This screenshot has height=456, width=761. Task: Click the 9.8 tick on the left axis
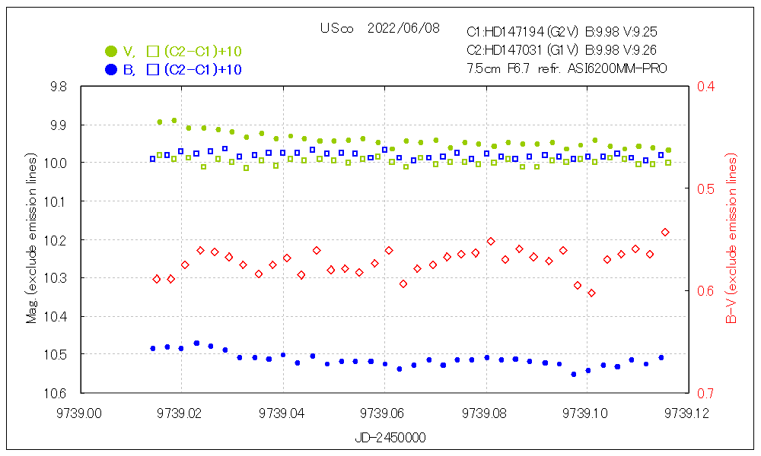(x=58, y=87)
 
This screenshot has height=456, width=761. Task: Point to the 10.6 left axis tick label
(x=58, y=393)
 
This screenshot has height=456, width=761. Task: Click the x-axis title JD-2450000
(x=390, y=439)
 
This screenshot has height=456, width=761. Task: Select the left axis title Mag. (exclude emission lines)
(x=32, y=240)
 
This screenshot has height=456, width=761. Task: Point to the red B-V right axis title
(x=731, y=240)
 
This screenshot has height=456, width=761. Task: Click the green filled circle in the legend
(x=111, y=52)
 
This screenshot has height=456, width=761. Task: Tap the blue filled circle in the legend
(x=111, y=70)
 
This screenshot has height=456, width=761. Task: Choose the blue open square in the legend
(x=152, y=70)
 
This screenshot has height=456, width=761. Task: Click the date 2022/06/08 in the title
(x=403, y=29)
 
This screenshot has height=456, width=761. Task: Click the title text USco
(x=337, y=29)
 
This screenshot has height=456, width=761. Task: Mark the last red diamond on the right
(x=665, y=232)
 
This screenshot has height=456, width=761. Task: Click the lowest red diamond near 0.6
(x=591, y=293)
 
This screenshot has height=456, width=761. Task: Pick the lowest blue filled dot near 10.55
(x=574, y=374)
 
